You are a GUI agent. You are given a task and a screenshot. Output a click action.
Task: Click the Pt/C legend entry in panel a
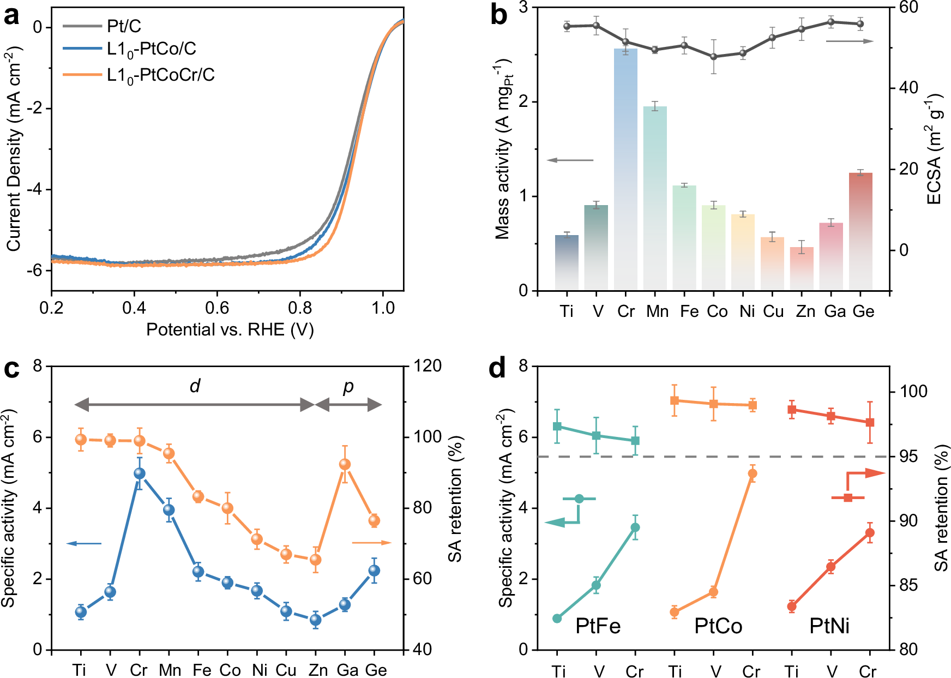[x=124, y=26]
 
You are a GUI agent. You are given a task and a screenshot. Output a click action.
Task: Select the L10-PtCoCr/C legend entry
[x=161, y=75]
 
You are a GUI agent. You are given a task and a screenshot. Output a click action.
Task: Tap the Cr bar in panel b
[x=625, y=169]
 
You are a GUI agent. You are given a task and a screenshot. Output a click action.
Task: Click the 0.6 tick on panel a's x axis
[x=217, y=308]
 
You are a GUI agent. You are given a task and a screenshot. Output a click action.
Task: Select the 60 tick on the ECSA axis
[x=908, y=7]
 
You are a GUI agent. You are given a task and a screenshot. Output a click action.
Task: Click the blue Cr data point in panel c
[x=140, y=473]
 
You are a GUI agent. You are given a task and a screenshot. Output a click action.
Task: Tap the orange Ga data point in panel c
[x=345, y=464]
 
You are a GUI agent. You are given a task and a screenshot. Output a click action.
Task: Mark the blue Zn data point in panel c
[x=315, y=620]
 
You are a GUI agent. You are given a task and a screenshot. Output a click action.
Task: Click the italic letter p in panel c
[x=348, y=386]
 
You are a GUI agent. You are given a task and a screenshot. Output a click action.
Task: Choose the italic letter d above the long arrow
[x=195, y=386]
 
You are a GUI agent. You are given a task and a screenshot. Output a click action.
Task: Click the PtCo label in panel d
[x=718, y=626]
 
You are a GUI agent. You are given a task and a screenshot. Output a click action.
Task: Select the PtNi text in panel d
[x=829, y=626]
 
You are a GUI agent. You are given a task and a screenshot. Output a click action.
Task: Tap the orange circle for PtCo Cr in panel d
[x=753, y=473]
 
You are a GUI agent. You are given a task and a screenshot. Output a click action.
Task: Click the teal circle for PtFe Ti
[x=557, y=618]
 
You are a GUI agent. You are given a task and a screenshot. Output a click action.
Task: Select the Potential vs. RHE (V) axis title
[x=230, y=329]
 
